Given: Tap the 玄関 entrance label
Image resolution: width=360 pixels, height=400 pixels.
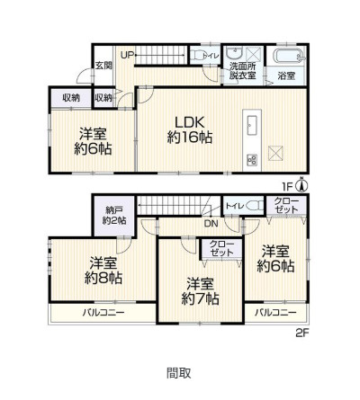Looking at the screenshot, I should point(103,66).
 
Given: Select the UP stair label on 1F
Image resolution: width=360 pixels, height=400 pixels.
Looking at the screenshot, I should point(128,56).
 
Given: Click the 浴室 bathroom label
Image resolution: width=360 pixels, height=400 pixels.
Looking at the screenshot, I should point(286,75).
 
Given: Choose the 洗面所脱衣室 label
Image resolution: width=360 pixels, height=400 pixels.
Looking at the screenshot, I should point(241,71).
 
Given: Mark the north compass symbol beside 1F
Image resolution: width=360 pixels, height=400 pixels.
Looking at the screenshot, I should point(301,186).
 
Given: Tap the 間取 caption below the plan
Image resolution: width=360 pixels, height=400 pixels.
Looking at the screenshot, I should point(178,372).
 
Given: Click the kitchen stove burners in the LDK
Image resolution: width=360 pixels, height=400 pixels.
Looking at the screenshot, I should point(251,159).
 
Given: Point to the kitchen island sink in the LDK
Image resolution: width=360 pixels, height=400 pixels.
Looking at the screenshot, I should point(251,124).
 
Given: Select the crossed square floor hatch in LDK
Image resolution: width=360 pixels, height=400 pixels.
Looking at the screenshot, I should point(278,152).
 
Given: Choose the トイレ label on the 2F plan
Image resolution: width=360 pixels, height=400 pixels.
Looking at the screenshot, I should point(232,206).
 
